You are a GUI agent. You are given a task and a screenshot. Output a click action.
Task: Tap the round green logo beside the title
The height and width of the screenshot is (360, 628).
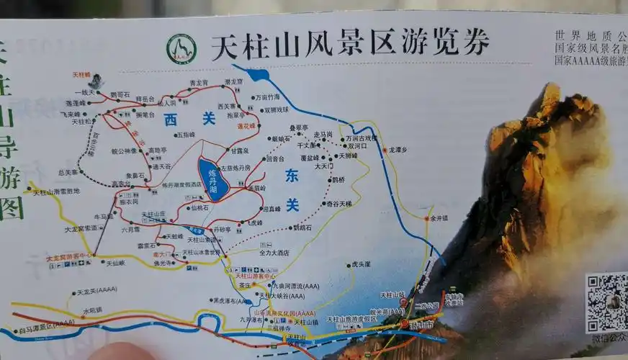[181, 49]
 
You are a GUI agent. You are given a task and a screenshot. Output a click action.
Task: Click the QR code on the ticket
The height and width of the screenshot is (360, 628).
[606, 302]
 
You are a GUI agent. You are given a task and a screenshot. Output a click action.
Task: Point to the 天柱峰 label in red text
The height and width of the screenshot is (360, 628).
[81, 75]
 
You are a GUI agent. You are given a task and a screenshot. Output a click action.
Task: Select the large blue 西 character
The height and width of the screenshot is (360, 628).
[170, 120]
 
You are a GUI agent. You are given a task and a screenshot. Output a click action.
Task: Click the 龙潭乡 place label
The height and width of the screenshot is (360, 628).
[398, 150]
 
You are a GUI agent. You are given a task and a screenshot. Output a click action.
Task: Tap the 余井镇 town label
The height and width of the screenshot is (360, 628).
[439, 217]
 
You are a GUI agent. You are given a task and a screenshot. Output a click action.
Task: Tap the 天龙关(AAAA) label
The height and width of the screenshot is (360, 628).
[96, 292]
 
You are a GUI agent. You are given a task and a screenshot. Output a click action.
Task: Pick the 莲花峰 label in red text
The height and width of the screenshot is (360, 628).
[247, 125]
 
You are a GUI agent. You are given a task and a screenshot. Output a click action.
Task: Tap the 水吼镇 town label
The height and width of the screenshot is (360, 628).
[92, 310]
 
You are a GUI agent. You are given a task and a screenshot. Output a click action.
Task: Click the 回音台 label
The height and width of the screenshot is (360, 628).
[275, 158]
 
